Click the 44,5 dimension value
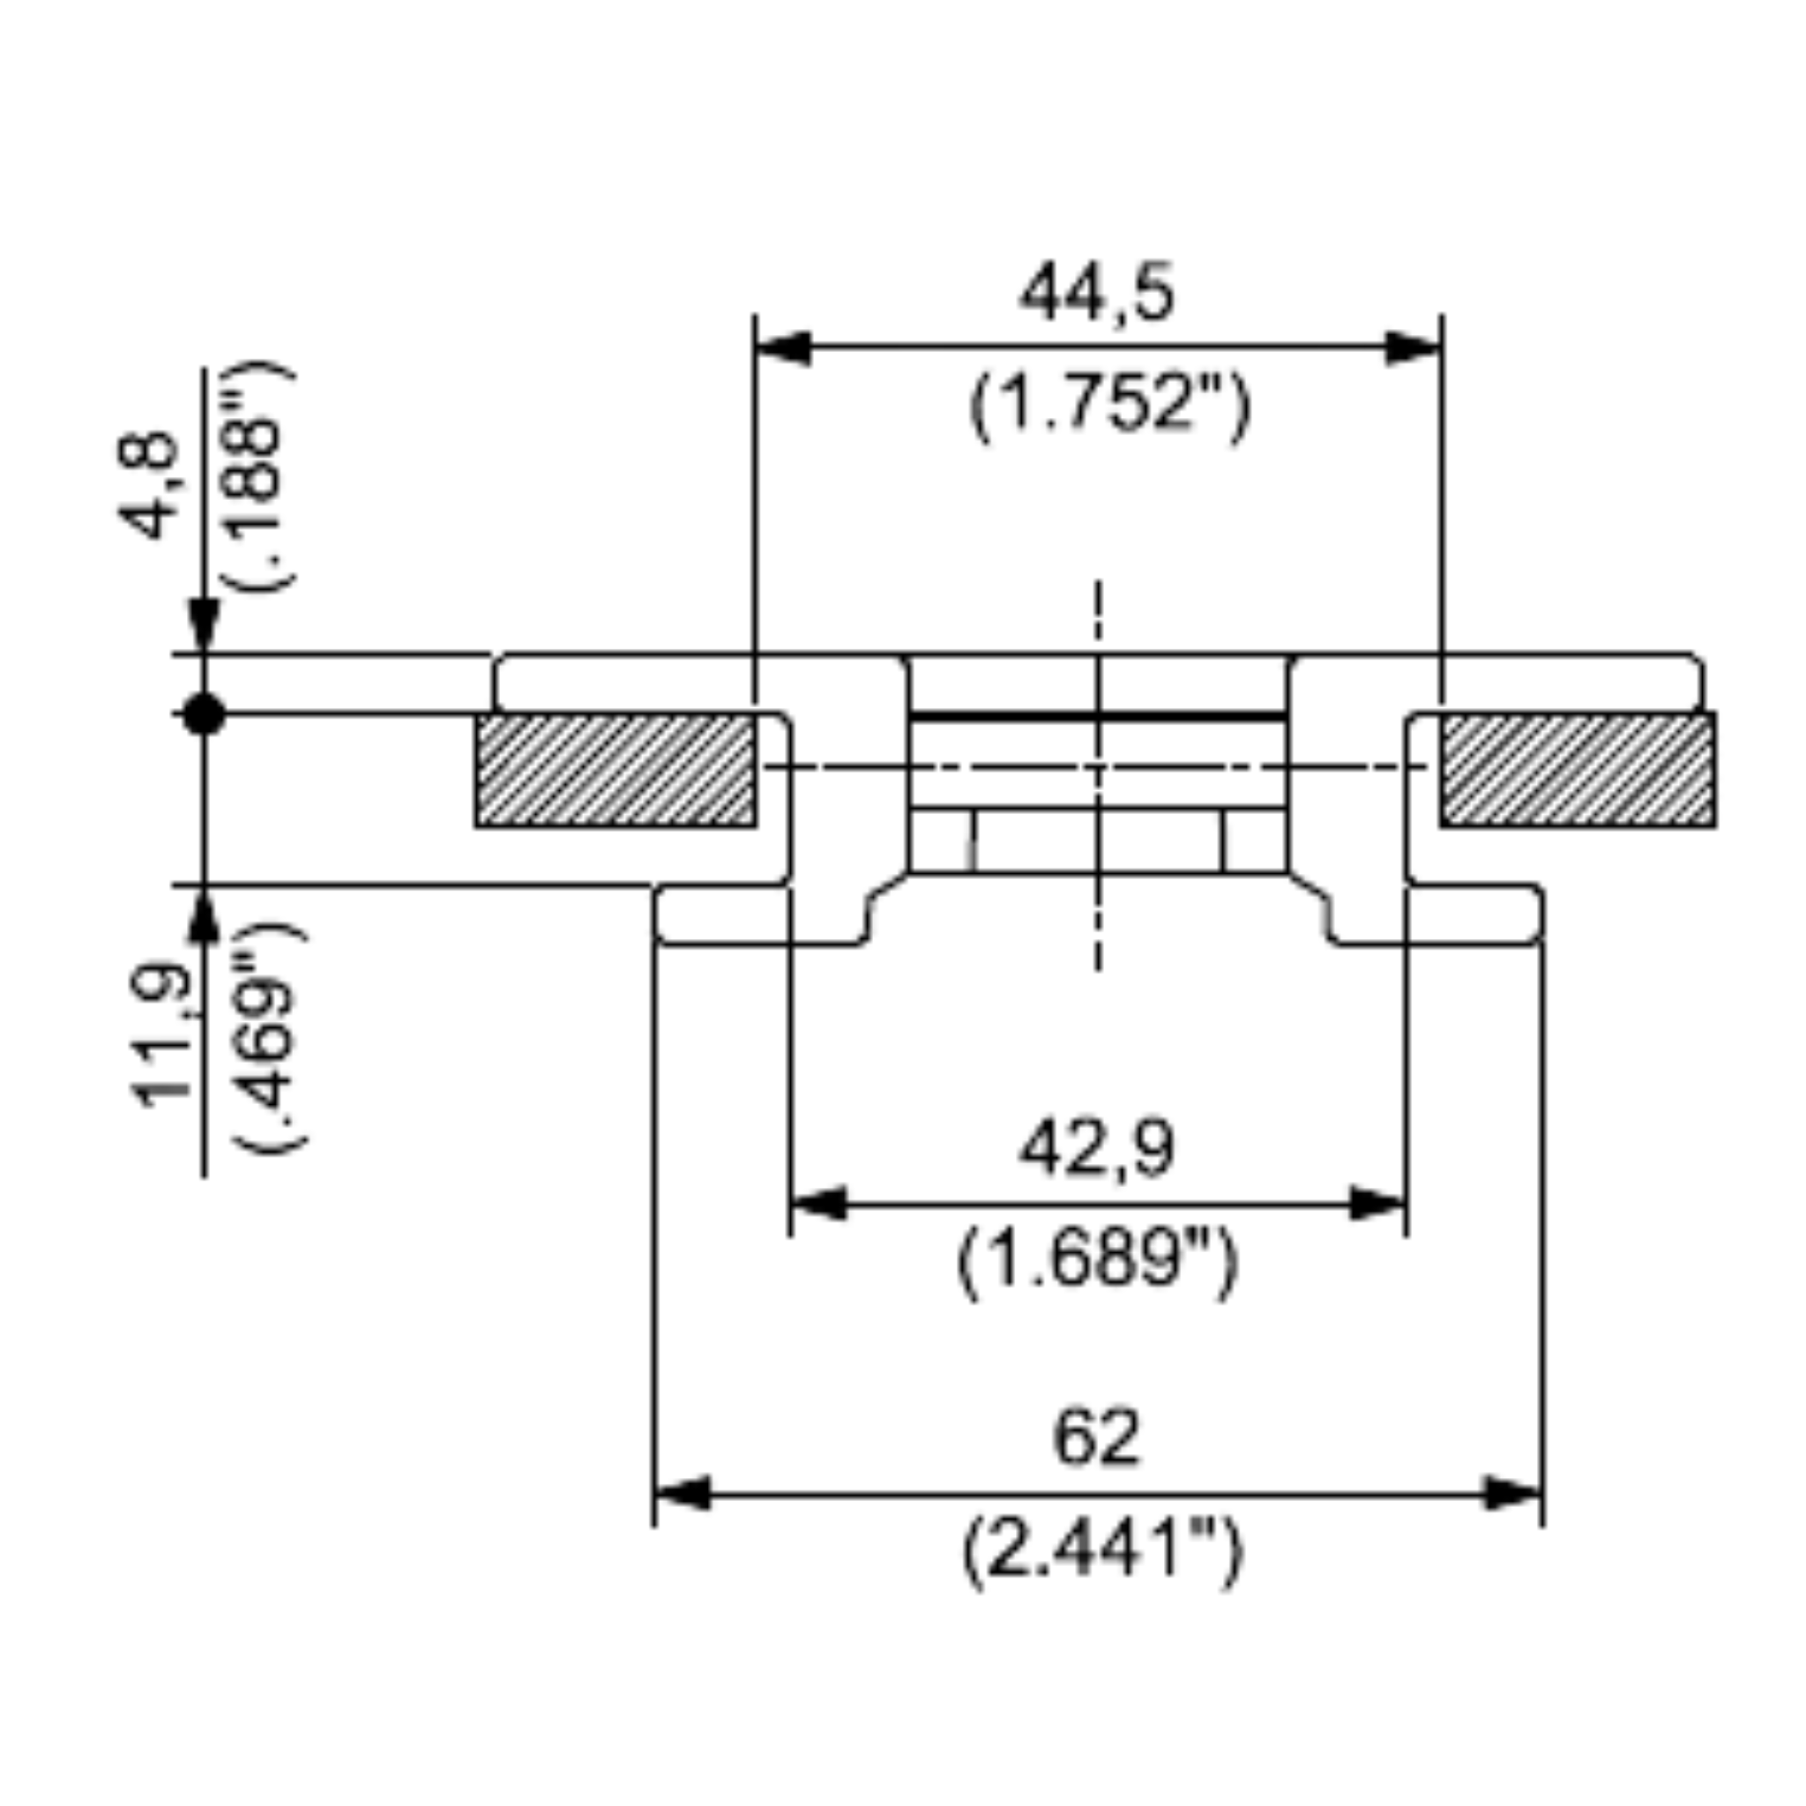(1095, 295)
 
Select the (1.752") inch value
(1108, 407)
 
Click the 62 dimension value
(1096, 1437)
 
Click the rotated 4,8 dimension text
(149, 485)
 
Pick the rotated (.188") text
(260, 476)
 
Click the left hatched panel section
(616, 770)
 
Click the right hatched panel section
(1578, 770)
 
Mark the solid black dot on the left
(204, 715)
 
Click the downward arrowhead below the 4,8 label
(204, 624)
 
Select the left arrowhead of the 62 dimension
(683, 1494)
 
